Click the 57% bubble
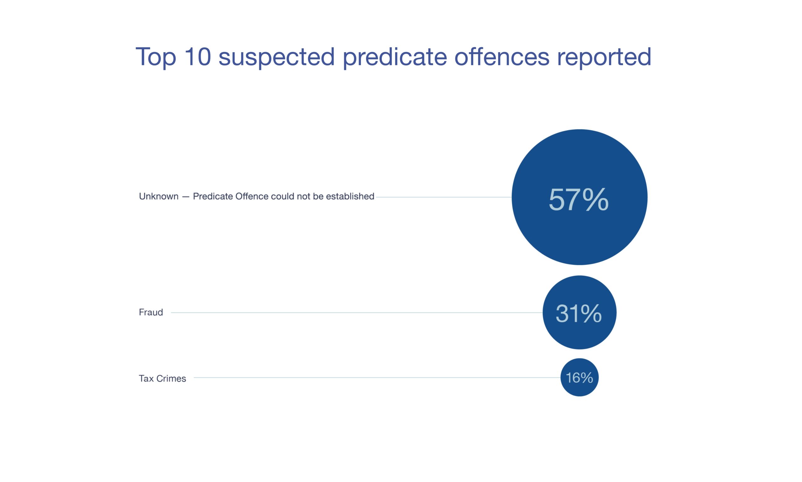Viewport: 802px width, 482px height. (x=579, y=197)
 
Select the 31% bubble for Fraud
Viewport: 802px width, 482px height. (x=579, y=313)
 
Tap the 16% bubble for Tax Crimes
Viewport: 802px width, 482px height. (x=579, y=377)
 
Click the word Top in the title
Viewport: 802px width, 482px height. (x=156, y=57)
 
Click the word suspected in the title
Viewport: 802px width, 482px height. (x=276, y=57)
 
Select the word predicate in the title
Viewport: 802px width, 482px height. (x=395, y=57)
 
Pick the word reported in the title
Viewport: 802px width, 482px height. (x=604, y=57)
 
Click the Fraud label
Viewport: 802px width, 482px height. (x=151, y=313)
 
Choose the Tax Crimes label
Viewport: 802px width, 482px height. (x=162, y=378)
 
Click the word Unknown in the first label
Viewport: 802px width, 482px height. (x=159, y=196)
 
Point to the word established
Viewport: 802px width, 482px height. (x=350, y=196)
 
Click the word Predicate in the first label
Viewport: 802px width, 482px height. (x=212, y=196)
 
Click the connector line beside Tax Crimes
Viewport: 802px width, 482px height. (x=377, y=377)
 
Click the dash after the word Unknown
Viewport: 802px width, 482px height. (x=185, y=197)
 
